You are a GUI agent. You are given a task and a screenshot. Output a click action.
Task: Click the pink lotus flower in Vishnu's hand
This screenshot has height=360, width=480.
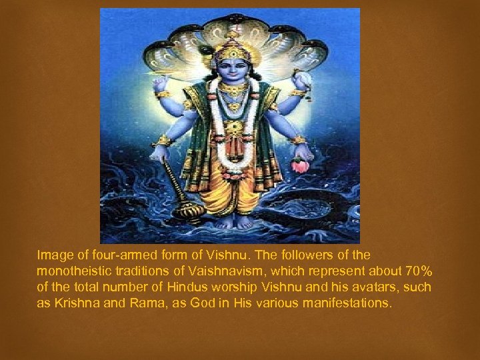coord(301,164)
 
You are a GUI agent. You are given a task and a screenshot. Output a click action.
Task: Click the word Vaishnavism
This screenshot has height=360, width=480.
coord(219,271)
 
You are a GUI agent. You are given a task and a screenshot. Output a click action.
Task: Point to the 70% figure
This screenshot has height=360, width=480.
coord(419,271)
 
